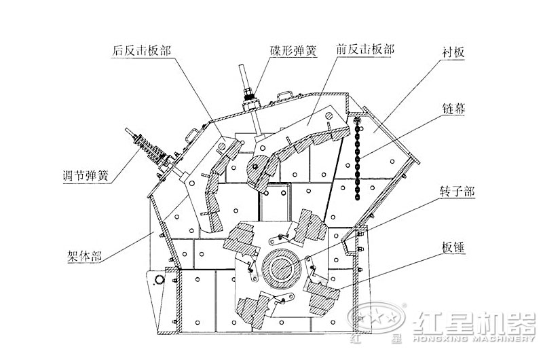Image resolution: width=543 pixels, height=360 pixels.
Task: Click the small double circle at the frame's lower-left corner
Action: tap(160, 279)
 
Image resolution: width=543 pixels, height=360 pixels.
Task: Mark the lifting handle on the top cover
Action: tap(285, 93)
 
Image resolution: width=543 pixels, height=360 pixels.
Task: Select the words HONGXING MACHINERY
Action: tap(471, 338)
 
